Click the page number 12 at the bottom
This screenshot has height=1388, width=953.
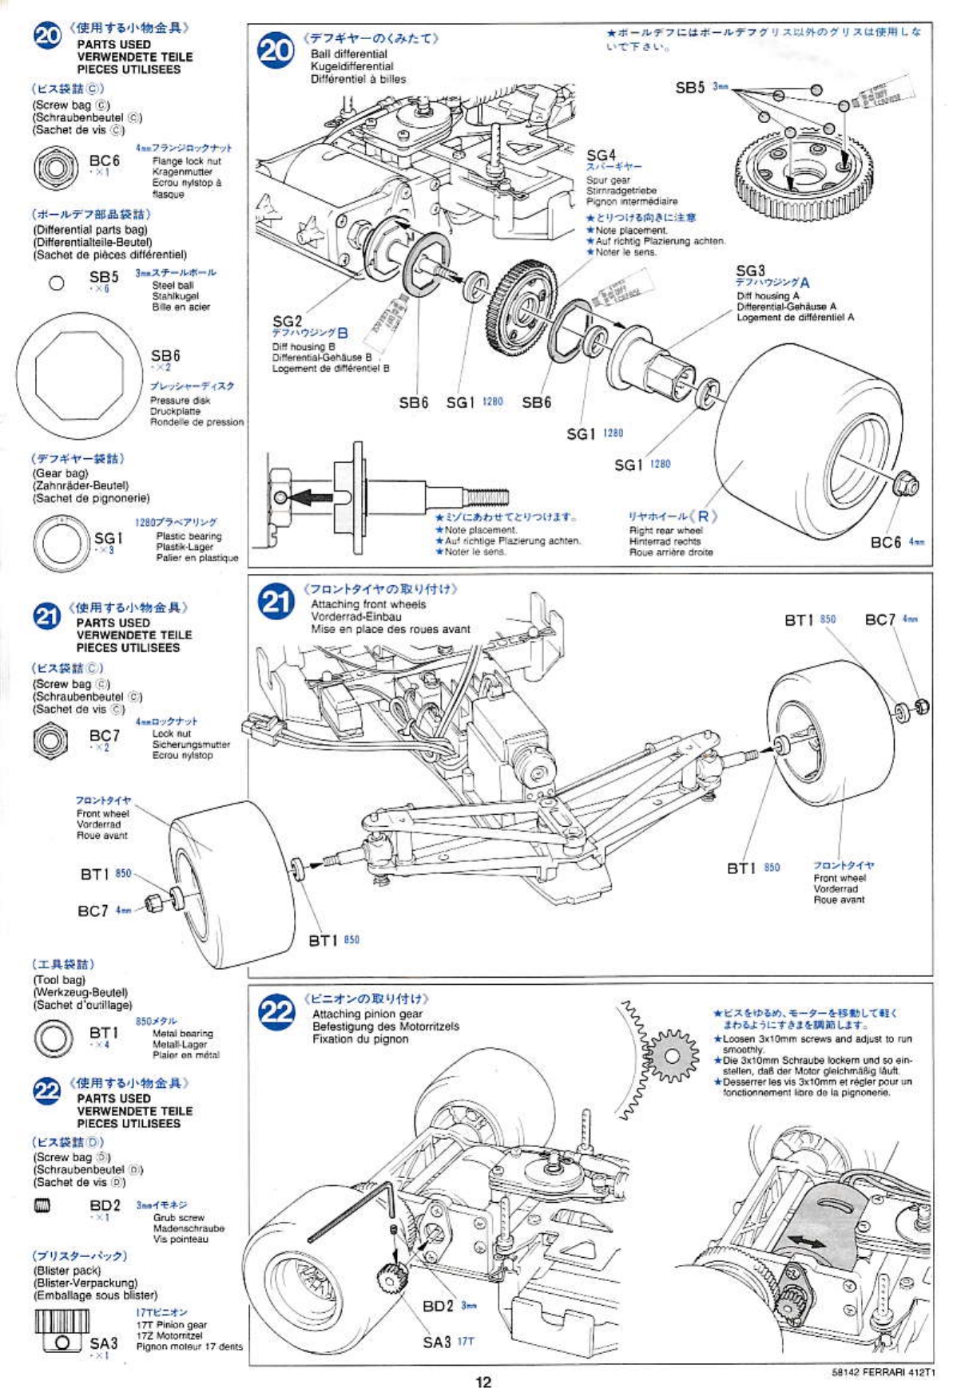point(482,1382)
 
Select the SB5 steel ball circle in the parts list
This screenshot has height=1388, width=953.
point(57,283)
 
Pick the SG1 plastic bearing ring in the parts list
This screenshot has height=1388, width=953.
point(62,544)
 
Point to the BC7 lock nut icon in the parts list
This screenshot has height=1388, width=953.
point(50,740)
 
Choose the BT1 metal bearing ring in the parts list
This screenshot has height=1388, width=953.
point(54,1038)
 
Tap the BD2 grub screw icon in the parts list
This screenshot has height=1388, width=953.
point(42,1205)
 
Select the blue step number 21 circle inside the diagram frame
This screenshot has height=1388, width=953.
point(276,603)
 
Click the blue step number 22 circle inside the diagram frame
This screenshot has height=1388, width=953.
point(276,1012)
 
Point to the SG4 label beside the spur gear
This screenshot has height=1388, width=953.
point(601,155)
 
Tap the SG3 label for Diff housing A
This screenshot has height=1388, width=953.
point(750,271)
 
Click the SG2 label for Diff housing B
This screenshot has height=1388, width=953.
point(288,321)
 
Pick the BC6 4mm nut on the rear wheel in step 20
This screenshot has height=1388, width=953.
point(908,482)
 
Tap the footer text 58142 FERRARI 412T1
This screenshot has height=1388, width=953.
point(882,1372)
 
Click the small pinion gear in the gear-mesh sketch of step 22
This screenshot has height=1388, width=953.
point(672,1056)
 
